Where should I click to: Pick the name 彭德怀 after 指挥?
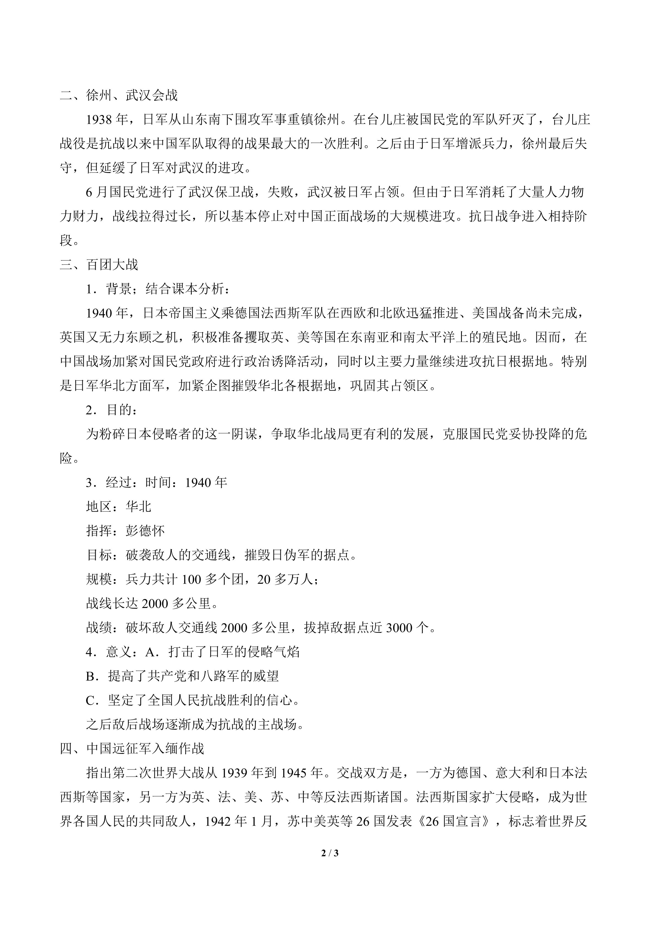coord(145,531)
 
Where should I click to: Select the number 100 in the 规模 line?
coord(191,579)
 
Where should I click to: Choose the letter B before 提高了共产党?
coord(90,676)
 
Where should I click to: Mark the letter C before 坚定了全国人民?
coord(90,700)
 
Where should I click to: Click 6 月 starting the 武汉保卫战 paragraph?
coord(97,193)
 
